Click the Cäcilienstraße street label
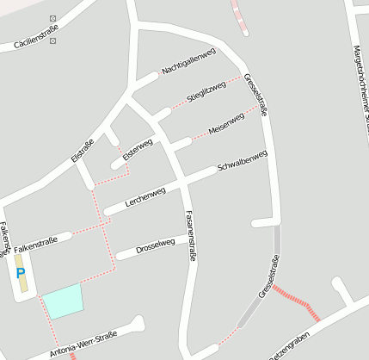[x=30, y=38]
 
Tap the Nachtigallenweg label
[x=188, y=61]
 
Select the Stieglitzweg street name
[x=206, y=91]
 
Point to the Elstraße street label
[x=82, y=151]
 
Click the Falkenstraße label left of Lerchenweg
[x=36, y=245]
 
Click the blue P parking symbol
[x=20, y=273]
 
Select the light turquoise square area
[x=64, y=301]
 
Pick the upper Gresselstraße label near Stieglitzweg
[x=256, y=95]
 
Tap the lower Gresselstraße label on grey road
[x=269, y=277]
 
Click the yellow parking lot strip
[x=22, y=272]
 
